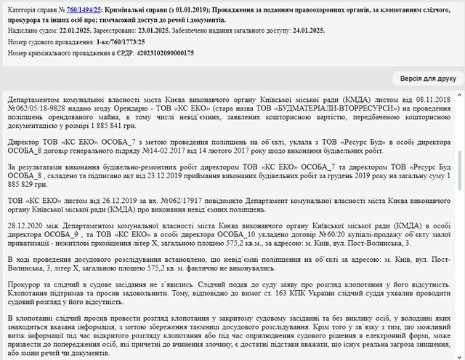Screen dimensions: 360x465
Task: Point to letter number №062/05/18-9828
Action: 33,108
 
